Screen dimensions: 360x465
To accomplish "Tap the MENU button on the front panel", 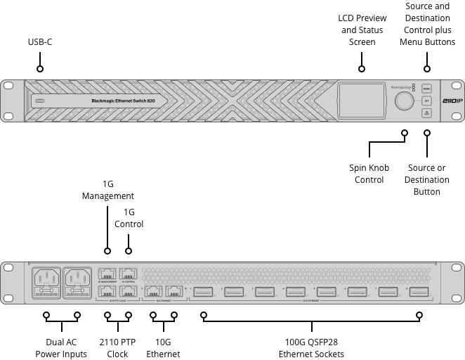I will pos(426,89).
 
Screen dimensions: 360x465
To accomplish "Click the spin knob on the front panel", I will pos(405,101).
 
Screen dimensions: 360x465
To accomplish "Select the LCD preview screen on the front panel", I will pos(362,101).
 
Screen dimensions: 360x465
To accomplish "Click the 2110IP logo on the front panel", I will pos(450,101).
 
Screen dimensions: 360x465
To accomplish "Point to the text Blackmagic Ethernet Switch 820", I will pos(123,101).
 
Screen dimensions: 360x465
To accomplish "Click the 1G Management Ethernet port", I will pos(107,274).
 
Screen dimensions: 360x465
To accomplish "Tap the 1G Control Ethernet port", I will pos(128,274).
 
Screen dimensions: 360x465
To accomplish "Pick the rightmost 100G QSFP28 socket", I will pos(419,292).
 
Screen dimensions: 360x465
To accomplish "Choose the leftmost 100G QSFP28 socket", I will pos(204,292).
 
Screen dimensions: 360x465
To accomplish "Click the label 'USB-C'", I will pos(40,43).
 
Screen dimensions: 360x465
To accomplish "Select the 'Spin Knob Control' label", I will pos(369,174).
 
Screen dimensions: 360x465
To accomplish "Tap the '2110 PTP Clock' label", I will pos(117,347).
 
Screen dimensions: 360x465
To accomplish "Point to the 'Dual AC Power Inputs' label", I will pos(61,347).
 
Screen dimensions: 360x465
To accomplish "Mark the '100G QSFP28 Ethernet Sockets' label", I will pos(312,347).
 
